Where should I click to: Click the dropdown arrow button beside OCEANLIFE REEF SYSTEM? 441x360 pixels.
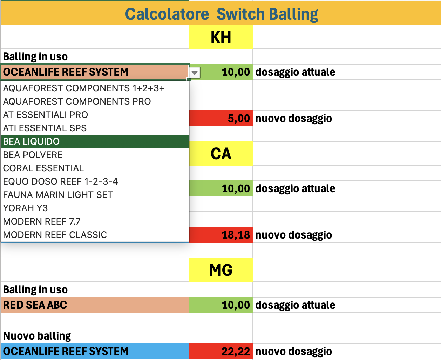coord(195,73)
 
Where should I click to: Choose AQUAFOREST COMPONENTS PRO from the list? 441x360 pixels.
coord(77,101)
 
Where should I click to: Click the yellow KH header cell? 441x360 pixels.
coord(221,37)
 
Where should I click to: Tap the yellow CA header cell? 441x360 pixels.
coord(221,154)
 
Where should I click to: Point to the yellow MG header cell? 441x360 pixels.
coord(221,270)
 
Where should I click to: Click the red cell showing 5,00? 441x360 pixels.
coord(221,118)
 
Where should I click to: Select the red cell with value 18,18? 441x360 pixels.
coord(221,235)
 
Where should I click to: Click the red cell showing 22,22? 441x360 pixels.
coord(221,351)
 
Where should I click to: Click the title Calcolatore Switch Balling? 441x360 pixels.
coord(222,14)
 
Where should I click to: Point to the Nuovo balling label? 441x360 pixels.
coord(37,336)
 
